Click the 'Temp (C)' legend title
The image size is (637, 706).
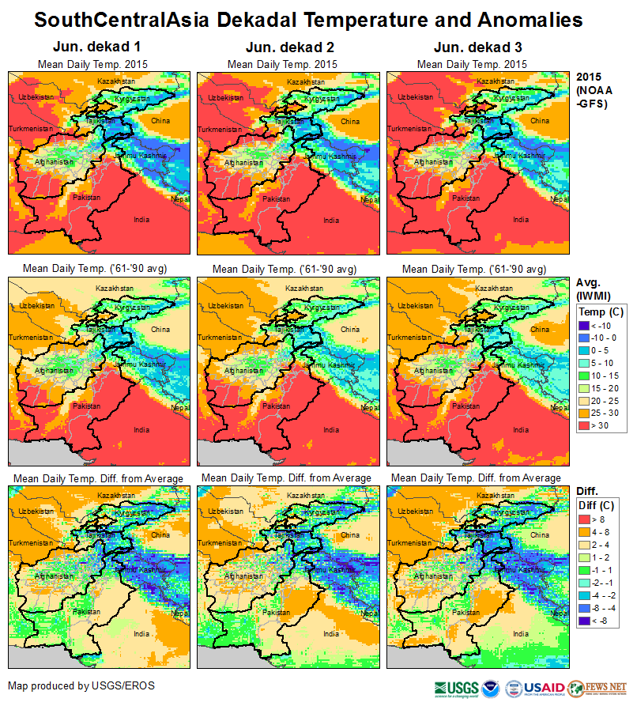click(601, 311)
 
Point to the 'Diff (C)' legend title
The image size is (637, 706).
click(598, 506)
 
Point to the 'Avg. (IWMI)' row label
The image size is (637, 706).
click(594, 289)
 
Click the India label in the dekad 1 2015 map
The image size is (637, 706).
click(141, 220)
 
